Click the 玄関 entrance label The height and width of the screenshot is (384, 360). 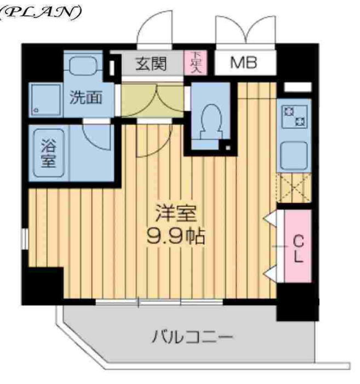click(151, 64)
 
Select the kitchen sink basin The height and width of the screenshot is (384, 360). click(294, 155)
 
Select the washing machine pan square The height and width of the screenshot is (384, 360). click(45, 100)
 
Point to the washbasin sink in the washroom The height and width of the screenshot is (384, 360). click(83, 67)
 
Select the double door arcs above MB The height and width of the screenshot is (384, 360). click(244, 30)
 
